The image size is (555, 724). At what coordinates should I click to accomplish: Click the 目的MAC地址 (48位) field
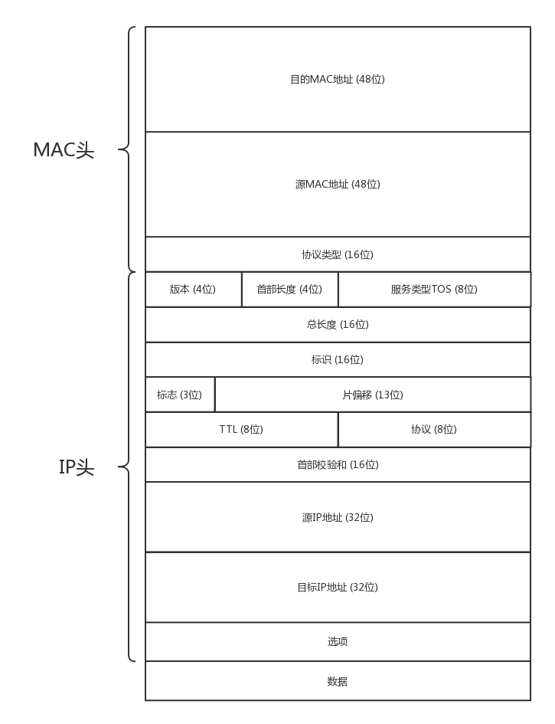click(x=338, y=79)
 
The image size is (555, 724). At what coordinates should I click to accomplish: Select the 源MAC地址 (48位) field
click(x=338, y=184)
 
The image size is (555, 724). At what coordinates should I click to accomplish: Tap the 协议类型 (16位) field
click(x=338, y=254)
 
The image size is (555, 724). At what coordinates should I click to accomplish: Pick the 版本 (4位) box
click(x=193, y=290)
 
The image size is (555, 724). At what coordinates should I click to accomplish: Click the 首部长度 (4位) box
click(x=289, y=290)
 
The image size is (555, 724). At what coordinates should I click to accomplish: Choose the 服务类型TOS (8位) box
click(x=434, y=290)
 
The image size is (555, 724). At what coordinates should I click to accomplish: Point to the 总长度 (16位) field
click(x=338, y=324)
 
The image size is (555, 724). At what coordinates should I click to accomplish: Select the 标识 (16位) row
click(x=338, y=359)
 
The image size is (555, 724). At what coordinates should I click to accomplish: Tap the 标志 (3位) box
click(x=180, y=395)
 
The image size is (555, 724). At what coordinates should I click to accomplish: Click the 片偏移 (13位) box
click(x=373, y=395)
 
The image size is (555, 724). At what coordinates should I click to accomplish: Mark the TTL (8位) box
click(x=241, y=429)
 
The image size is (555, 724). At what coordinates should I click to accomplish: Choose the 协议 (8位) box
click(x=434, y=429)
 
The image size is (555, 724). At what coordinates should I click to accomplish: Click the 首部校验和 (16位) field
click(x=338, y=464)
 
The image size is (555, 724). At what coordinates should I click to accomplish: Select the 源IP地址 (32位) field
click(x=338, y=517)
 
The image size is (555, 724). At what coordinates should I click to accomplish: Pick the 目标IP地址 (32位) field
click(x=338, y=587)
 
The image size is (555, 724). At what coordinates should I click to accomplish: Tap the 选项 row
click(x=338, y=641)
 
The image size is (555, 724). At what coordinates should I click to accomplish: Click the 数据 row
click(x=338, y=681)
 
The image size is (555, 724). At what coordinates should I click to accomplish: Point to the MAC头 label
click(x=64, y=150)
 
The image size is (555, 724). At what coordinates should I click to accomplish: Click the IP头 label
click(x=77, y=467)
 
